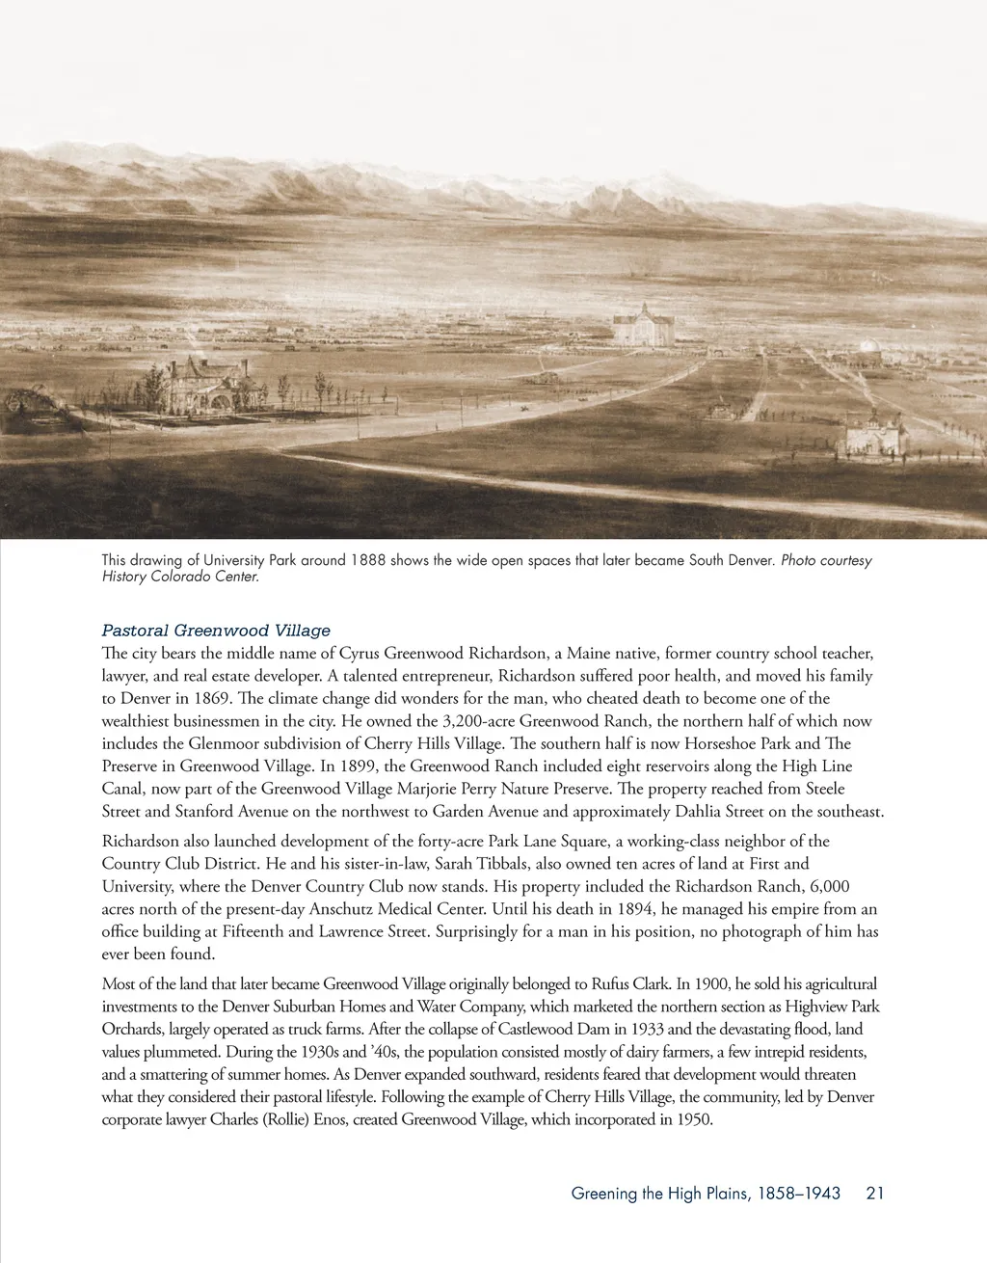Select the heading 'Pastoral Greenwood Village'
pyautogui.click(x=216, y=631)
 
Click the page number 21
pyautogui.click(x=875, y=1194)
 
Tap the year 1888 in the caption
pyautogui.click(x=368, y=560)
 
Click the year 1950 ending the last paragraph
pyautogui.click(x=692, y=1120)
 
